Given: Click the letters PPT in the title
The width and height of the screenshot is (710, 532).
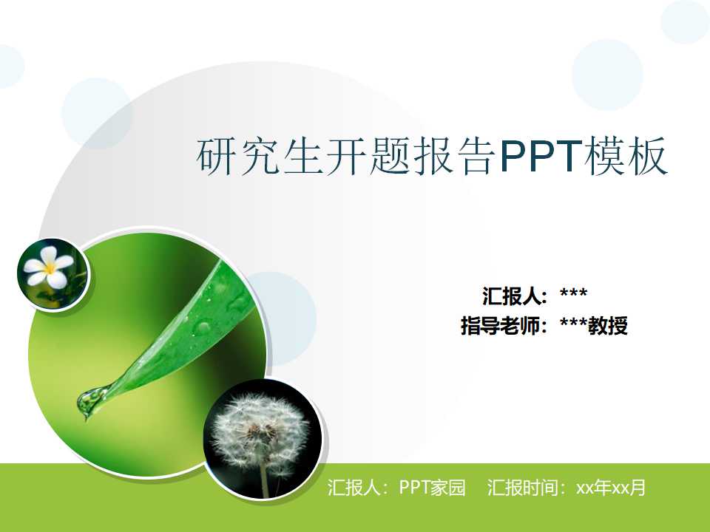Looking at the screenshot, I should [x=541, y=157].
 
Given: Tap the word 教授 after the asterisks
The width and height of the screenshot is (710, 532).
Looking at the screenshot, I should [x=608, y=325].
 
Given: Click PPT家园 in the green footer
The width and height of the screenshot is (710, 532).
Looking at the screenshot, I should [x=432, y=488].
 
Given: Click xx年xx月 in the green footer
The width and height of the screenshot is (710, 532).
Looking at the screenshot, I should [x=611, y=488].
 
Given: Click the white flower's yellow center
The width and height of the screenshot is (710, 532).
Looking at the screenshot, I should [x=50, y=267].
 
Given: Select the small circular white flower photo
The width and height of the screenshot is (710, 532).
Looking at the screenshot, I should [x=53, y=274].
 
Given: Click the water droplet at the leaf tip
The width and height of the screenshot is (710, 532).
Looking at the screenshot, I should [x=90, y=401].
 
